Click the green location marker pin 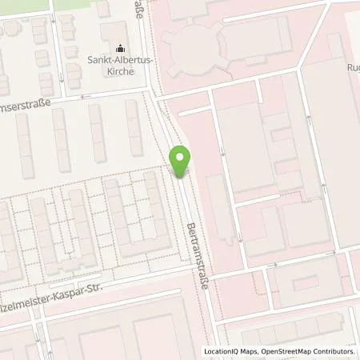point(181,162)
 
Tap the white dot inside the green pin point(181,158)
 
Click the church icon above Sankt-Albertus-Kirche point(121,48)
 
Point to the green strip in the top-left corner point(32,4)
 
